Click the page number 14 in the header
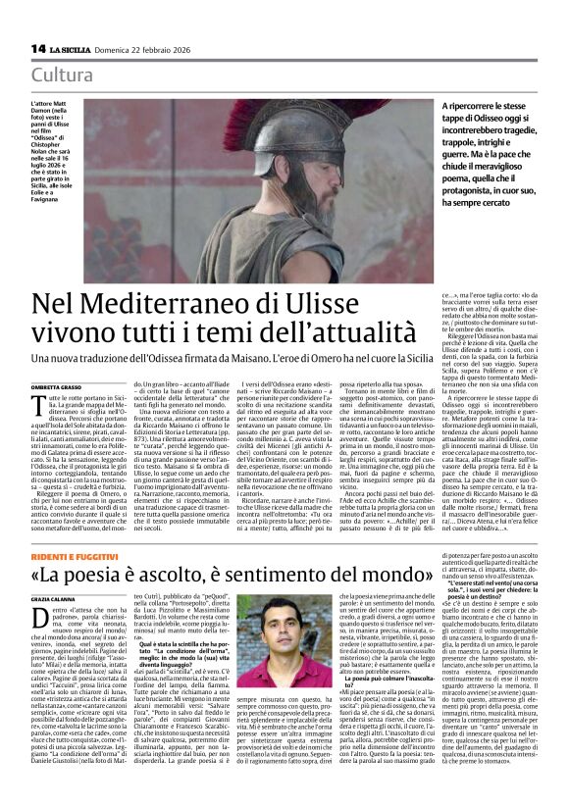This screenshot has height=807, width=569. click(38, 48)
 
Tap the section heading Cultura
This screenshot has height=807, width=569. click(62, 76)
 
